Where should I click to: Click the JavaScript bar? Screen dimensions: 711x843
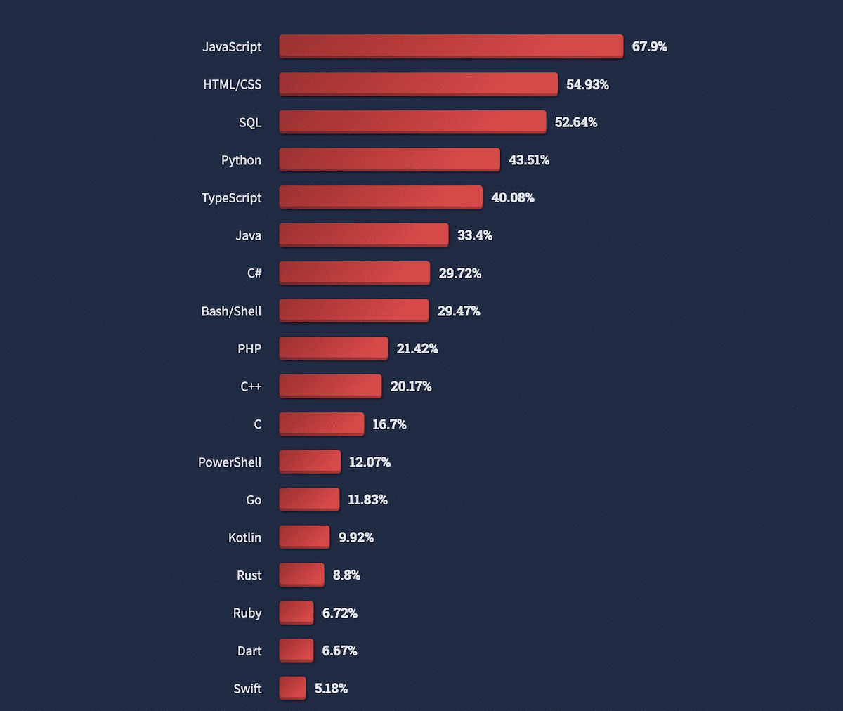(x=451, y=46)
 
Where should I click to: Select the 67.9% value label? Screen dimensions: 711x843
(x=649, y=46)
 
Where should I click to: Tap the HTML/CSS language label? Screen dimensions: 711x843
(x=232, y=84)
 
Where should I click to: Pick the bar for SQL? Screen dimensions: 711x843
(x=412, y=122)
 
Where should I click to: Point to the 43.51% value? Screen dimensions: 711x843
(x=528, y=160)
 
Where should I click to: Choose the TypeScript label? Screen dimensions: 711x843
(x=231, y=198)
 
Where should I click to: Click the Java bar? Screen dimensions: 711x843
(x=363, y=235)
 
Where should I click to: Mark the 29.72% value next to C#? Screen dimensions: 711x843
(x=459, y=273)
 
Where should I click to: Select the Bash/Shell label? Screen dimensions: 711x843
(x=231, y=311)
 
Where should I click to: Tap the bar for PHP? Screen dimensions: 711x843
(x=333, y=348)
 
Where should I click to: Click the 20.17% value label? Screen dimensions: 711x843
(x=411, y=386)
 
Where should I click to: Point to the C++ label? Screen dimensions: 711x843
(x=251, y=386)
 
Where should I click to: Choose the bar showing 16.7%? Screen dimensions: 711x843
(x=321, y=424)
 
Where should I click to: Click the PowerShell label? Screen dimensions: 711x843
(x=230, y=462)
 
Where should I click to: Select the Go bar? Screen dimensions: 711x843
(x=309, y=499)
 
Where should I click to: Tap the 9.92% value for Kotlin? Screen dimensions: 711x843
(x=355, y=537)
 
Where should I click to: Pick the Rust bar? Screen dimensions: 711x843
(x=301, y=575)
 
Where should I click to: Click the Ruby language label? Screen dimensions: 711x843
(x=247, y=613)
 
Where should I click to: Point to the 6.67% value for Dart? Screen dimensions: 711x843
(x=339, y=651)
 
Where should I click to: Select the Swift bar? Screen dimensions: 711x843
(x=292, y=688)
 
